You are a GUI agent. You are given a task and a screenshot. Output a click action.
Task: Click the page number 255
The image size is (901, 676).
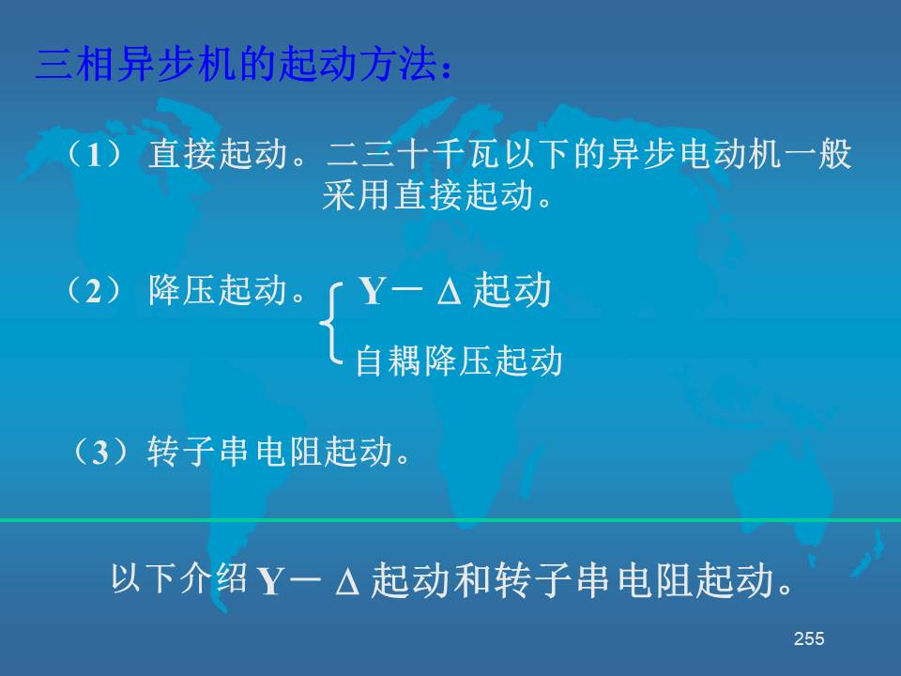(809, 638)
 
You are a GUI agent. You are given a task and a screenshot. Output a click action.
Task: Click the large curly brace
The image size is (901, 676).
(329, 324)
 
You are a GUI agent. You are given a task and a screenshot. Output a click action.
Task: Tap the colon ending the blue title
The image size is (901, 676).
(447, 69)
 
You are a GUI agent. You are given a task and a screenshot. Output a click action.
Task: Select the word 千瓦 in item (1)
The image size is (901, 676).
(467, 154)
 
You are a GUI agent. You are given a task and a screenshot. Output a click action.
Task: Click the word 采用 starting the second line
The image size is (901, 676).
(357, 195)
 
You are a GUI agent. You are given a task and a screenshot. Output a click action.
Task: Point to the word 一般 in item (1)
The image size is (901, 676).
(817, 154)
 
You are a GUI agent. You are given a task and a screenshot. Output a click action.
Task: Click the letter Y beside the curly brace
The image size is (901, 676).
(373, 291)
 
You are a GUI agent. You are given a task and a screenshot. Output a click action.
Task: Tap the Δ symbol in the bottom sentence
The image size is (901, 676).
(347, 582)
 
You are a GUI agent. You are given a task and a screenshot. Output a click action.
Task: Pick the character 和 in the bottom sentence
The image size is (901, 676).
(472, 579)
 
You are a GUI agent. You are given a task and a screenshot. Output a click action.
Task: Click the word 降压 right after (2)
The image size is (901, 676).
(183, 290)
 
